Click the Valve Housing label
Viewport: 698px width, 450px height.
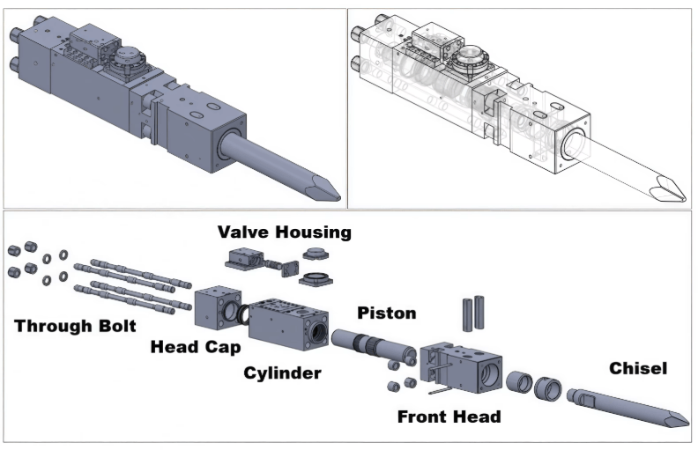(284, 232)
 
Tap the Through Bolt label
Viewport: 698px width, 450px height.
(75, 327)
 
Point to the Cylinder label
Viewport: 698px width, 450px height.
(282, 373)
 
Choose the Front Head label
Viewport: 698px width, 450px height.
(449, 417)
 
